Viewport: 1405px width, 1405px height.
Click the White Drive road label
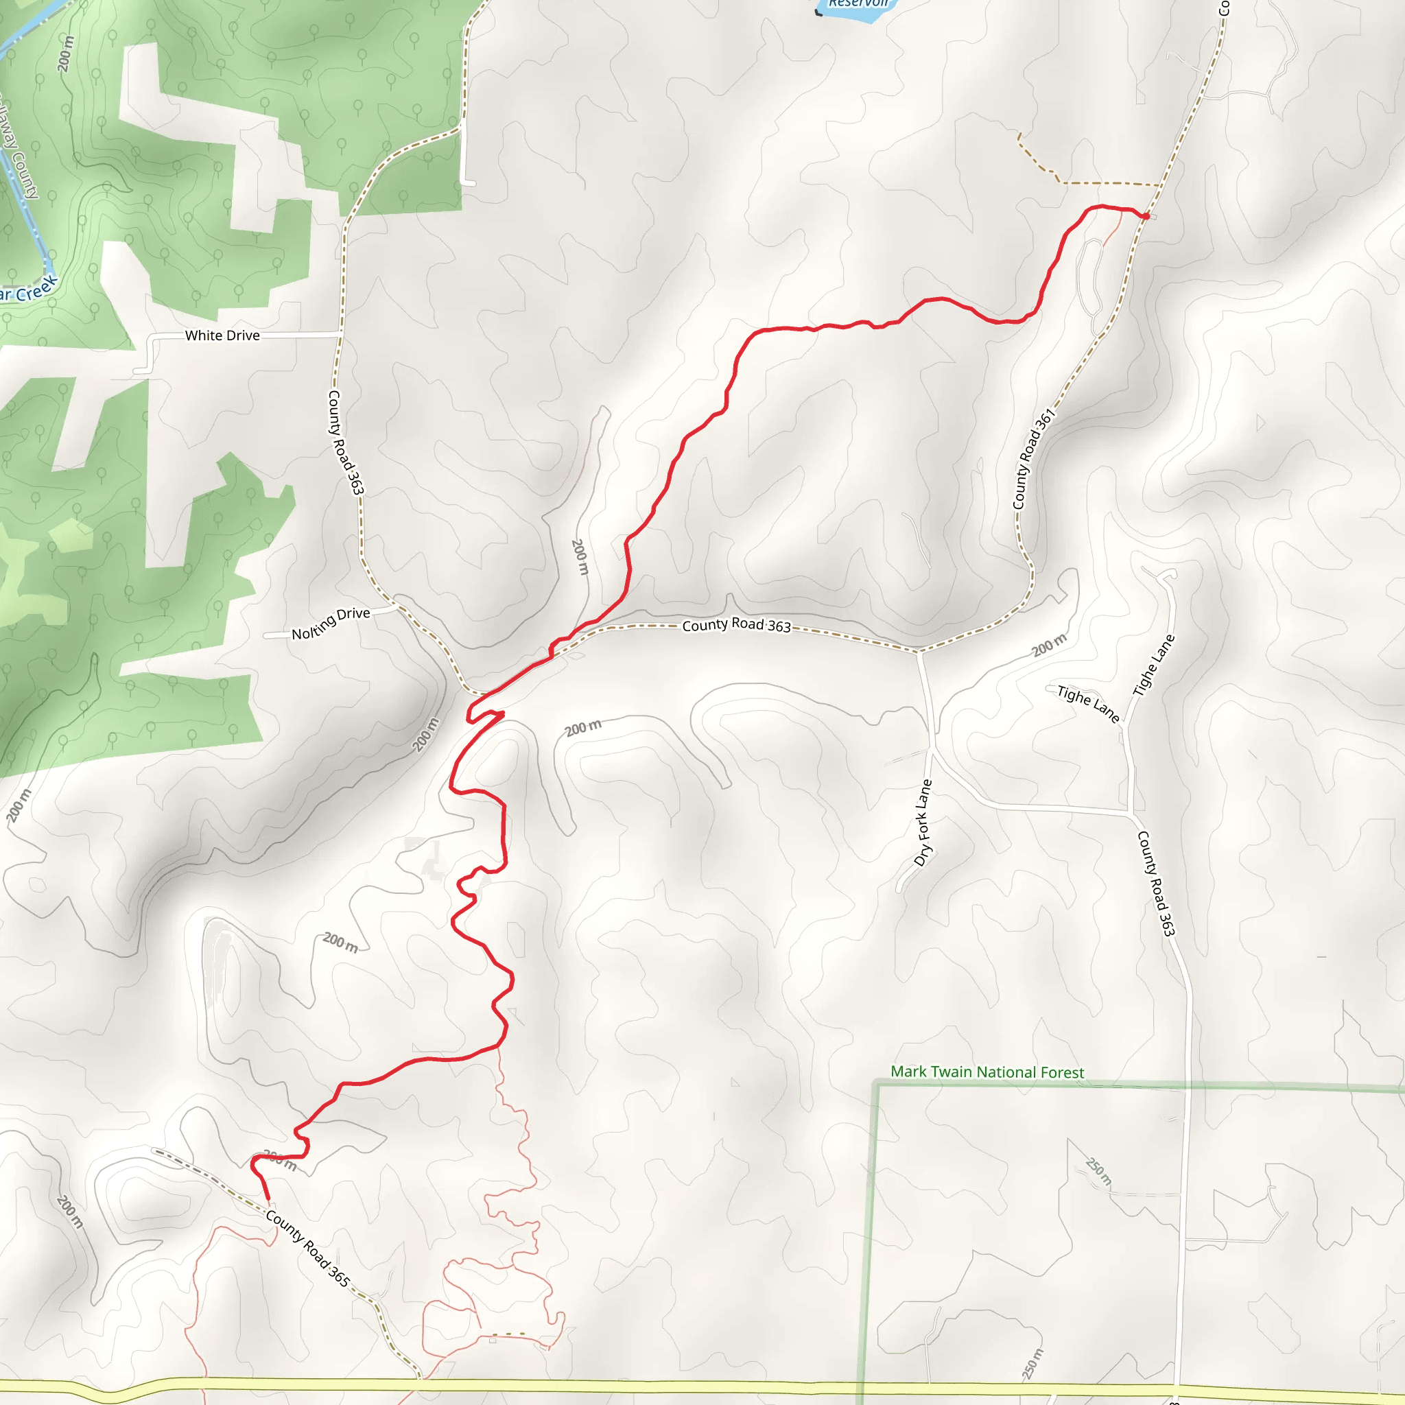[x=222, y=335]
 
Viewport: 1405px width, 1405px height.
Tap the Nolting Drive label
[x=331, y=623]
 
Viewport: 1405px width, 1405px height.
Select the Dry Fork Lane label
[x=923, y=823]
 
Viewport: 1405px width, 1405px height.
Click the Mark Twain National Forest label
[x=987, y=1073]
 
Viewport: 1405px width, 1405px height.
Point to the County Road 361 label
[x=1033, y=459]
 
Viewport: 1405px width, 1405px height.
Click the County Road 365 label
[x=307, y=1248]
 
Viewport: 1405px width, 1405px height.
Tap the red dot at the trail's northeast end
[x=1146, y=216]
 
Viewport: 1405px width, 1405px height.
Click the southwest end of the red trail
[x=268, y=1198]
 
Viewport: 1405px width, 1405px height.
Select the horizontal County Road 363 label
[x=736, y=626]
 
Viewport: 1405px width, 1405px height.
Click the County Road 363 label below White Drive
[x=346, y=442]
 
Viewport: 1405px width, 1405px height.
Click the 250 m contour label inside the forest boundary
[x=1098, y=1171]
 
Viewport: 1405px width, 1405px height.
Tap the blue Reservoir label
[x=858, y=3]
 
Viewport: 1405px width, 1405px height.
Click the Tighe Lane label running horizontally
[x=1087, y=703]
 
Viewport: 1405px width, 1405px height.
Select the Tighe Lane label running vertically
[x=1154, y=665]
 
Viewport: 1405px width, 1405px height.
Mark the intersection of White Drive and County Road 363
[x=340, y=334]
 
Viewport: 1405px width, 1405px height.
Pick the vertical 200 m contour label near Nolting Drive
[x=580, y=557]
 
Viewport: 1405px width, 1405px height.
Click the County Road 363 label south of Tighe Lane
[x=1156, y=884]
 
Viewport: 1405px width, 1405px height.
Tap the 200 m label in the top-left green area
[x=65, y=53]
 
